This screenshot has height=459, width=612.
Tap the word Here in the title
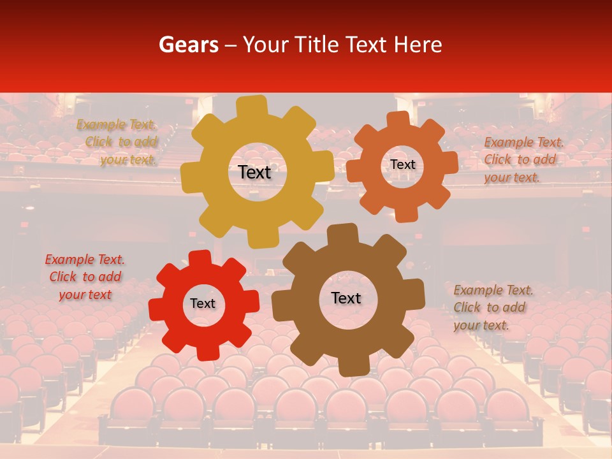[x=418, y=45]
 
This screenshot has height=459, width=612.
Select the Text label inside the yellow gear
[x=255, y=172]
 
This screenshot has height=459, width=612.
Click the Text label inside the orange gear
[x=402, y=164]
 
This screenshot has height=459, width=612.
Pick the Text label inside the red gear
[x=203, y=304]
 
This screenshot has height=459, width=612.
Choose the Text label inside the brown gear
[x=346, y=298]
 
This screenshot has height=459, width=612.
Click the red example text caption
[x=85, y=277]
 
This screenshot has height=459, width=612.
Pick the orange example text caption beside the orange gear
[x=523, y=160]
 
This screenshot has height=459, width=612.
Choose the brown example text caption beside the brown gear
[x=493, y=308]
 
